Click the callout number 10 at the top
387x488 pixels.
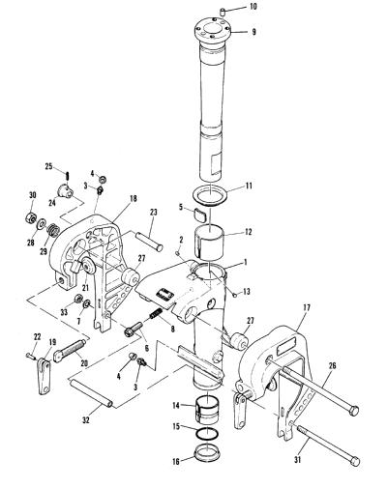click(253, 7)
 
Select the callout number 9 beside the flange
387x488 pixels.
click(254, 32)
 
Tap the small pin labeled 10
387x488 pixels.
click(222, 13)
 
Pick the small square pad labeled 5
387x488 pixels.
click(199, 215)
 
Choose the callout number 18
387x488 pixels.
click(133, 199)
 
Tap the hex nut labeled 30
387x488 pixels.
click(30, 216)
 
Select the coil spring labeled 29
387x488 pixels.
click(52, 230)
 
